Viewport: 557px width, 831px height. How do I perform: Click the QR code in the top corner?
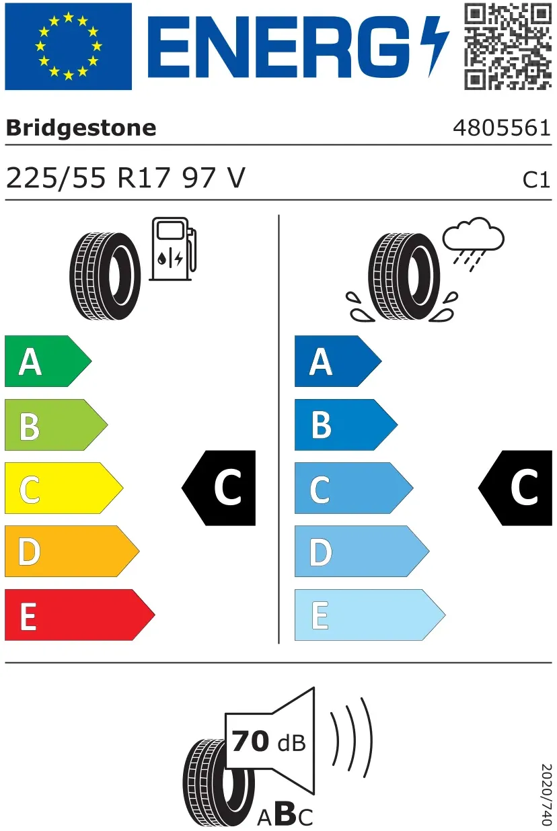click(508, 46)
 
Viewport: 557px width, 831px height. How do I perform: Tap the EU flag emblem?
click(69, 46)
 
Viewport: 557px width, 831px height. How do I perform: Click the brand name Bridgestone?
click(81, 128)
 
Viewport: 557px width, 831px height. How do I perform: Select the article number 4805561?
click(502, 128)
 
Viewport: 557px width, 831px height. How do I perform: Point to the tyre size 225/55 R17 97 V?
click(126, 178)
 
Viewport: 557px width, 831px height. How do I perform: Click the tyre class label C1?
click(536, 180)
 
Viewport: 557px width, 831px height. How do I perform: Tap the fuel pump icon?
click(173, 249)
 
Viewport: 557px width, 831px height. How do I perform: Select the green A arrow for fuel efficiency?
click(48, 361)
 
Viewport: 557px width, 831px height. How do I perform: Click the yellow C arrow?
click(64, 488)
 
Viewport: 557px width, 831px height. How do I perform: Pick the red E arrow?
click(80, 615)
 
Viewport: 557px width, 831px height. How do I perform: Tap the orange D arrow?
click(72, 552)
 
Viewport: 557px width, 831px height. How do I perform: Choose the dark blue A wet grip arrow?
click(338, 361)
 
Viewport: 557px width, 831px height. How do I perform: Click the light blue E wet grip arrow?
click(370, 615)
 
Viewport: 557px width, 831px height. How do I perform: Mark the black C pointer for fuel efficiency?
click(219, 488)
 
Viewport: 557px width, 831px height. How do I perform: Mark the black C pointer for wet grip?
click(515, 488)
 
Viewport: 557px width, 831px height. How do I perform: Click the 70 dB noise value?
click(268, 741)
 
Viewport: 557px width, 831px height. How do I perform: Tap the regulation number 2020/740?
click(546, 795)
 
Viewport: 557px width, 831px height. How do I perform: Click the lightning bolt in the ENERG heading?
click(435, 46)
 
